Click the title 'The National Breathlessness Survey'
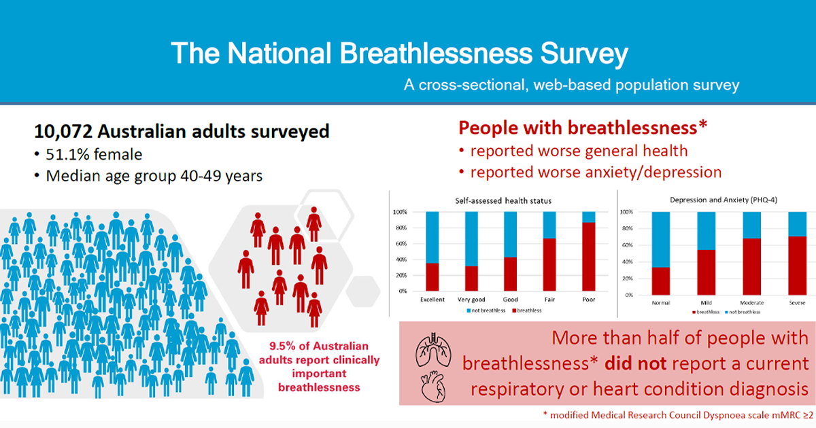pos(399,53)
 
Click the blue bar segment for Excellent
pos(432,236)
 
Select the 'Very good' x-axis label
pos(471,300)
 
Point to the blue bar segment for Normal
pos(661,239)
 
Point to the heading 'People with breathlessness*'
pos(583,128)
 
